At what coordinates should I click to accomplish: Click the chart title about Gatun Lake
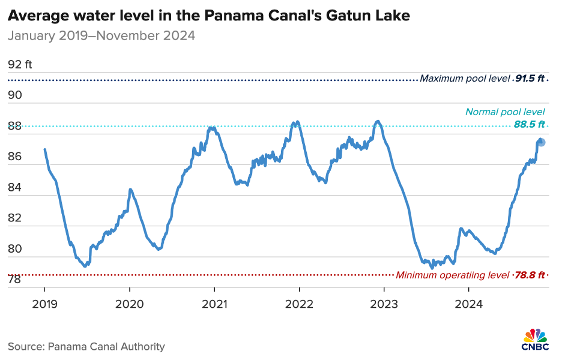[x=208, y=16]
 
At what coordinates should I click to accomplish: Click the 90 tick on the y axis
[x=14, y=95]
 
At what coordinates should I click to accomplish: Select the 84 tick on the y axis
[x=14, y=188]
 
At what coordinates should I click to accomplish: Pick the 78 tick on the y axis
[x=14, y=280]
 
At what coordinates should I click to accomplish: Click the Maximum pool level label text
[x=465, y=79]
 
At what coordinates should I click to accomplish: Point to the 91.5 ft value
[x=530, y=79]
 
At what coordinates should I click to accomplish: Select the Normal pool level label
[x=505, y=112]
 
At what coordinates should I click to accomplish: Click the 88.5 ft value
[x=529, y=125]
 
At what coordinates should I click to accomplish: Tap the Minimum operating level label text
[x=452, y=275]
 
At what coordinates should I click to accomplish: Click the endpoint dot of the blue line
[x=541, y=142]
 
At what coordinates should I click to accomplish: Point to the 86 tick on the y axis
[x=14, y=157]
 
